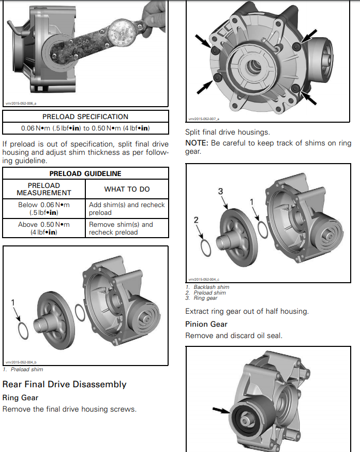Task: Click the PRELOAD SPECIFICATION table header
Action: [x=85, y=116]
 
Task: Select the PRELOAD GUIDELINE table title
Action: [x=85, y=173]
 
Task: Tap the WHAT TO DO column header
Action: [x=127, y=189]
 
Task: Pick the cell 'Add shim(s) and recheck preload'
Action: [x=127, y=209]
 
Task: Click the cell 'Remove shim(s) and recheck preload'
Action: [x=127, y=228]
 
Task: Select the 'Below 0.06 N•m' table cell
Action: [x=44, y=209]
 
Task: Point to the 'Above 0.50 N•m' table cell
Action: [x=44, y=228]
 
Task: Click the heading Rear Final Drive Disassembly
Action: [x=64, y=384]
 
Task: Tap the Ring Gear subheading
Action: [x=20, y=398]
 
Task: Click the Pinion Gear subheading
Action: [x=206, y=324]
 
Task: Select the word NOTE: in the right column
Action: [x=197, y=143]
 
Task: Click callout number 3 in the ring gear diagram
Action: [x=220, y=192]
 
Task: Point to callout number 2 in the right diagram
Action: [x=196, y=220]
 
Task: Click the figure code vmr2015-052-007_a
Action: [x=204, y=119]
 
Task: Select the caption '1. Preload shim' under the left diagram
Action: [x=24, y=369]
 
